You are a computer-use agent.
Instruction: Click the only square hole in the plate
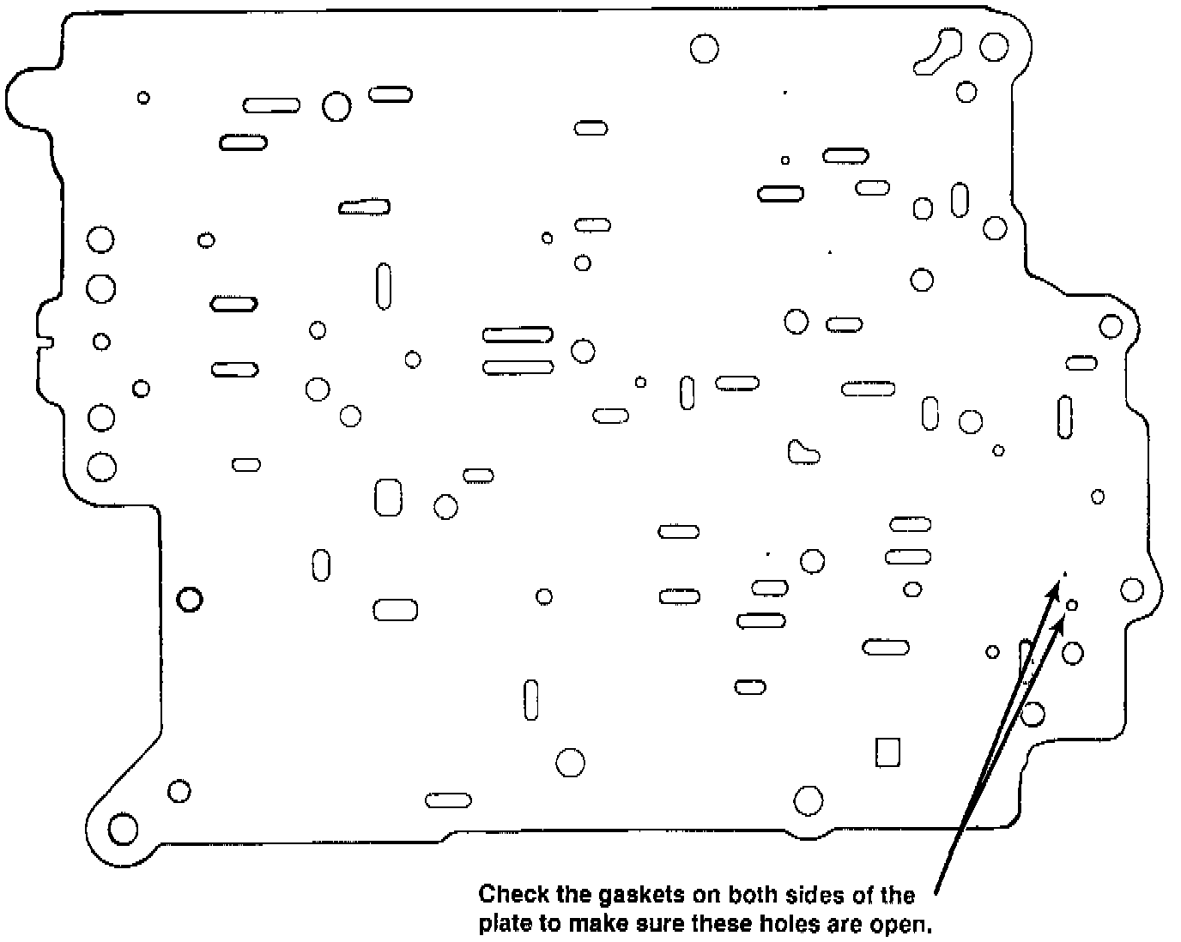point(887,752)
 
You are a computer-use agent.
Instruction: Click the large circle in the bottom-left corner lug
point(123,830)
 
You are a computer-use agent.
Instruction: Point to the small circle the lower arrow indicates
point(1071,606)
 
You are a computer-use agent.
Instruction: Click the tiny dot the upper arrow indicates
point(1065,574)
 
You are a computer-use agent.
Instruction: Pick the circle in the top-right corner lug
point(994,46)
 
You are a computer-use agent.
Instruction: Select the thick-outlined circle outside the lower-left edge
point(189,599)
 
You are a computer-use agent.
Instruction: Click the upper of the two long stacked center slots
point(518,335)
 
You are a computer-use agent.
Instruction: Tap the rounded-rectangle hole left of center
point(388,497)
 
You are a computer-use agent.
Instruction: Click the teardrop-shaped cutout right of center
point(802,451)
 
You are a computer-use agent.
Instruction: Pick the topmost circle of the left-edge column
point(100,239)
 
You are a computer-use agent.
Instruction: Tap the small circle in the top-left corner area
point(143,98)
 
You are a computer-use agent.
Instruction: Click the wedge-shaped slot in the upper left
point(365,207)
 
